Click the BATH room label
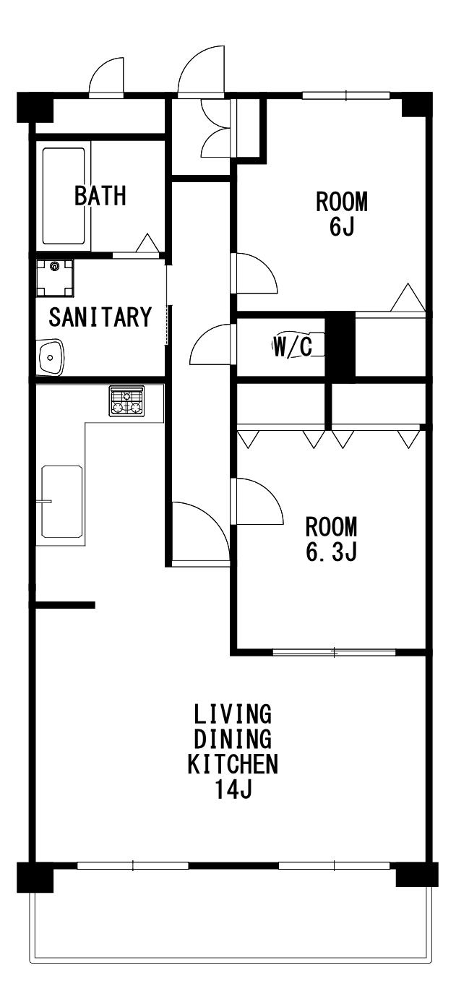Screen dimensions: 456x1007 point(100,196)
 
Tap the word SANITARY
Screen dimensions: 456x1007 point(100,317)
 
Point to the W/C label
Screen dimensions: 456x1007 point(293,346)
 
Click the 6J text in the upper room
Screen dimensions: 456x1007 point(342,226)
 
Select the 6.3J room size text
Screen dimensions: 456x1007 point(331,552)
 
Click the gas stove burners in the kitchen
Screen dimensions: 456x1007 point(126,401)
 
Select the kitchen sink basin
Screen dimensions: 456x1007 point(62,502)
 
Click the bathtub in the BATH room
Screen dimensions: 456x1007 point(64,196)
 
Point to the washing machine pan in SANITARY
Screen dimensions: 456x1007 point(55,278)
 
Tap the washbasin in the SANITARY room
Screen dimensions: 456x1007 point(51,357)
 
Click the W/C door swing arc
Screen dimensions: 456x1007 point(211,344)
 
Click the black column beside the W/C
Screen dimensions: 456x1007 point(340,344)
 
